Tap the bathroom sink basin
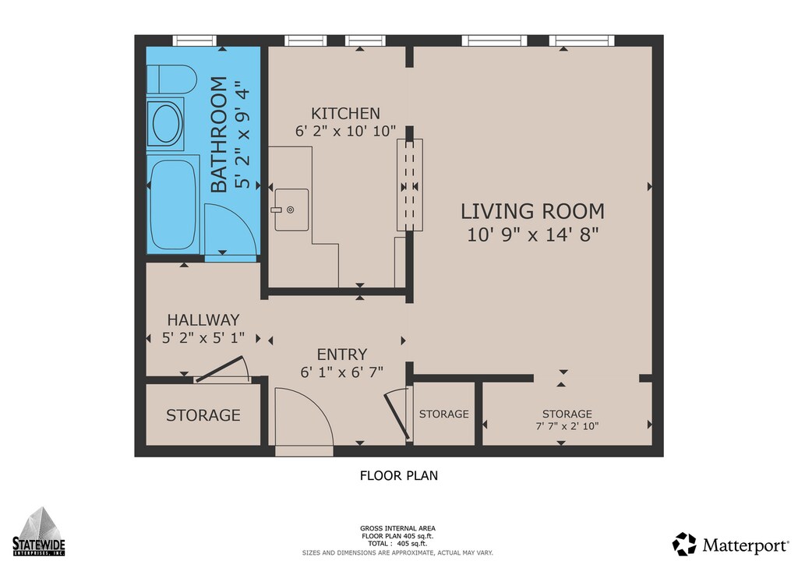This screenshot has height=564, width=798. (x=166, y=124)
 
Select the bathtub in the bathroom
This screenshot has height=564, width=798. (x=173, y=205)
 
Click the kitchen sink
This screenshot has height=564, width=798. (x=291, y=210)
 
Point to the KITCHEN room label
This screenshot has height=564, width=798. (x=345, y=113)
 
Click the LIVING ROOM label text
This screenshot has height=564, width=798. (x=532, y=211)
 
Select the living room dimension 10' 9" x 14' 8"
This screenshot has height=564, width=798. (x=533, y=235)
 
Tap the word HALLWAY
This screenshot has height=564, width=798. (x=203, y=320)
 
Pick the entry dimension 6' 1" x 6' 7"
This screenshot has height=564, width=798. (x=341, y=373)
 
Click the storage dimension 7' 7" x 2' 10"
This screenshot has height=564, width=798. (x=567, y=426)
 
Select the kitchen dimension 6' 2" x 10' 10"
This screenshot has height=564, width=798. (x=345, y=131)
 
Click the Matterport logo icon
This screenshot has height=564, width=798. (x=684, y=545)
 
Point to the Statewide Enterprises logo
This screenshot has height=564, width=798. (x=39, y=531)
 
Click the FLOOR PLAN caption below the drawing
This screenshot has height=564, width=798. (x=399, y=475)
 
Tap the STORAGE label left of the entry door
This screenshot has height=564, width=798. (x=203, y=415)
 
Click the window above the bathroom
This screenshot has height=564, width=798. (x=194, y=41)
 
